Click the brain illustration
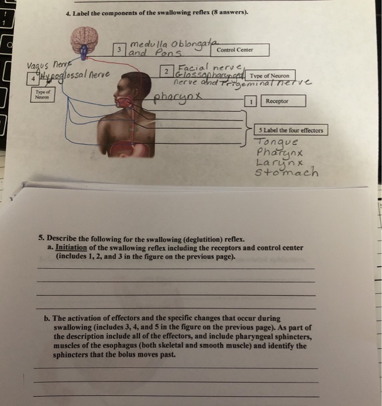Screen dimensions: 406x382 87,42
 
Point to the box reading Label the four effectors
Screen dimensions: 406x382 291,130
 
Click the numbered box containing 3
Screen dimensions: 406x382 119,50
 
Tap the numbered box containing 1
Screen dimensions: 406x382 252,101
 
